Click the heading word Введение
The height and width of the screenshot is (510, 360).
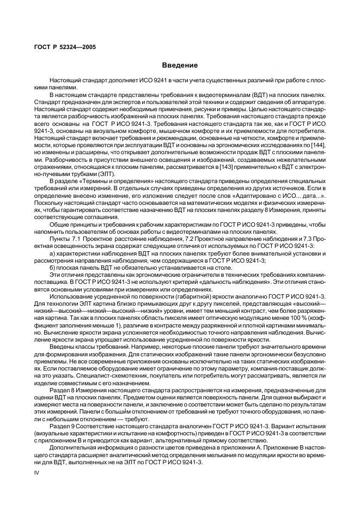(x=180, y=65)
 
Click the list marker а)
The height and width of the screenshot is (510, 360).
(x=52, y=253)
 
